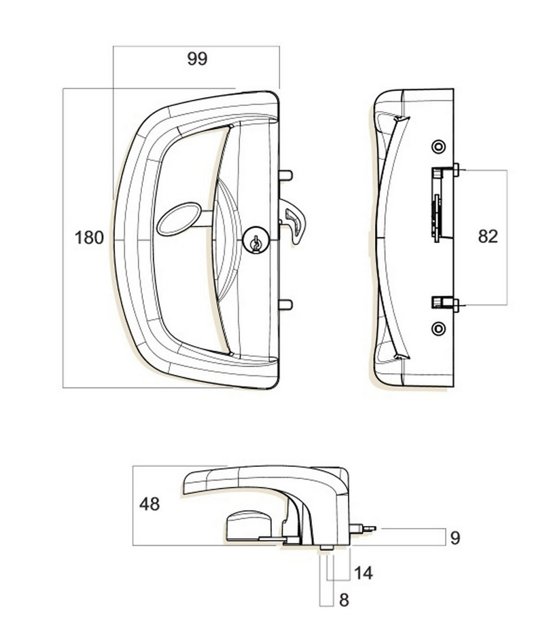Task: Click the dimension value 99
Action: pyautogui.click(x=196, y=59)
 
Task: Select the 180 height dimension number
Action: pyautogui.click(x=89, y=238)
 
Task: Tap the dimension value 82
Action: pyautogui.click(x=488, y=236)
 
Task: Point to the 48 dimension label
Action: pyautogui.click(x=149, y=504)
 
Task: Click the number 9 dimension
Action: pyautogui.click(x=455, y=538)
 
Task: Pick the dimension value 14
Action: pyautogui.click(x=364, y=573)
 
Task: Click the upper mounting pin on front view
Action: pyautogui.click(x=285, y=175)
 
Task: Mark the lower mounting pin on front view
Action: pyautogui.click(x=285, y=304)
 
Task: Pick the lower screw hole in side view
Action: pyautogui.click(x=438, y=329)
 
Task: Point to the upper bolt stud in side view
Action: pyautogui.click(x=454, y=170)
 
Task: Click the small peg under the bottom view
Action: pyautogui.click(x=325, y=548)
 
